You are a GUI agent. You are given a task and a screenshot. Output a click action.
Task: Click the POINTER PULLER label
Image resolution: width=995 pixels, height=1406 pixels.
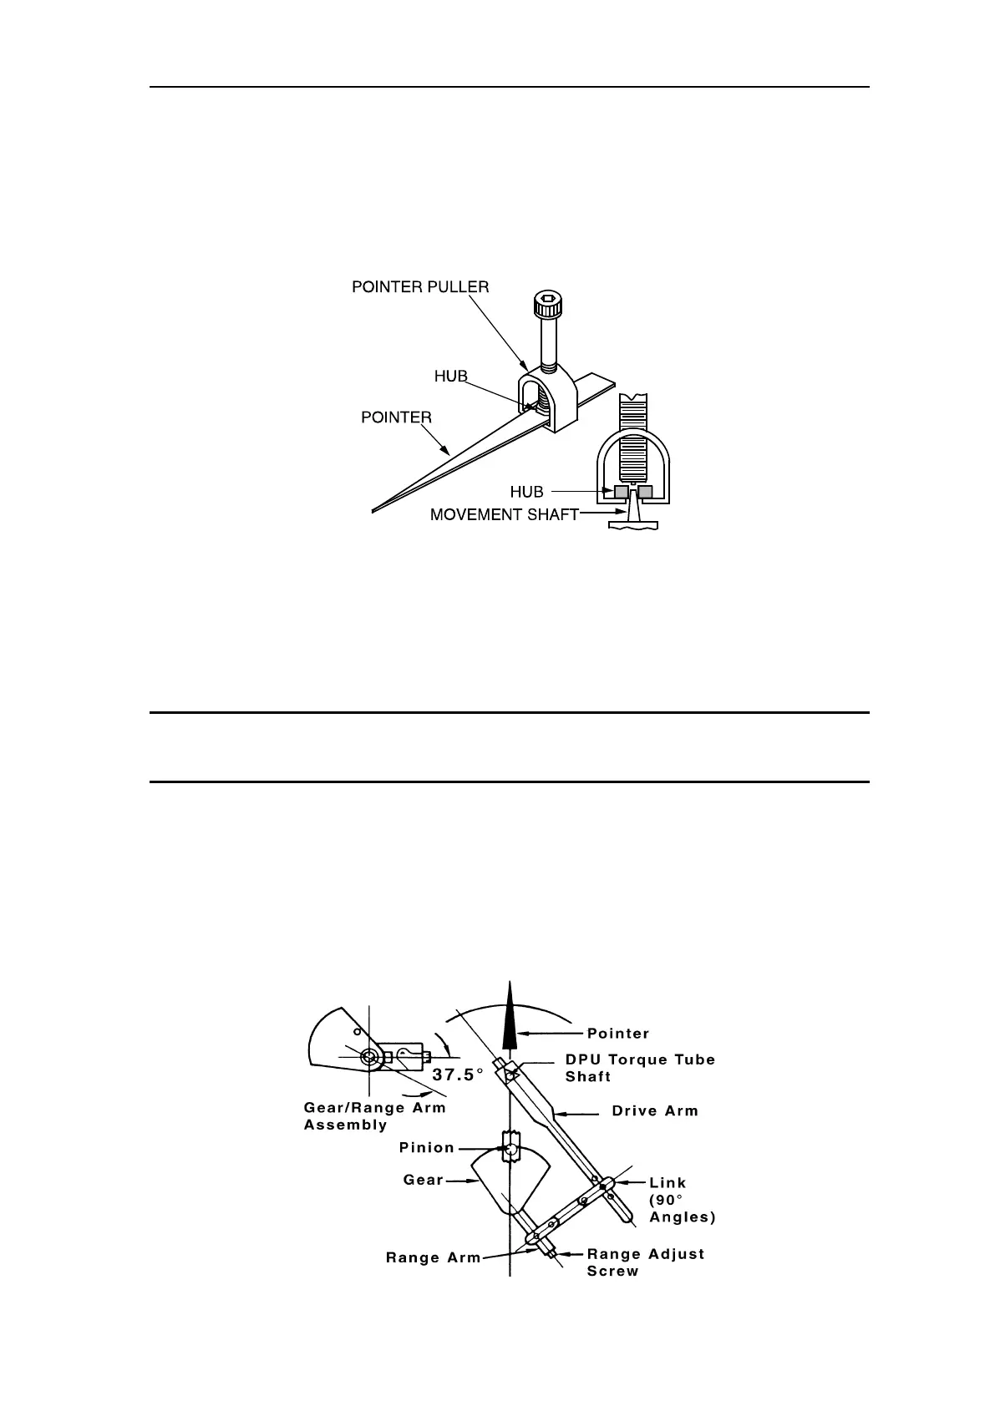pyautogui.click(x=420, y=286)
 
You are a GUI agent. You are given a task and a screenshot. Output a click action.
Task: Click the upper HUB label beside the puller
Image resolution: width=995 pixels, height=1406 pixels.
pyautogui.click(x=450, y=377)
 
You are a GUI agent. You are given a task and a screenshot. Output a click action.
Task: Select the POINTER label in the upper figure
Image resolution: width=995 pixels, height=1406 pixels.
pyautogui.click(x=396, y=417)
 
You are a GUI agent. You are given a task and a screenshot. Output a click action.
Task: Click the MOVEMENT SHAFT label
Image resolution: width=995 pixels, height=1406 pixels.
pyautogui.click(x=504, y=515)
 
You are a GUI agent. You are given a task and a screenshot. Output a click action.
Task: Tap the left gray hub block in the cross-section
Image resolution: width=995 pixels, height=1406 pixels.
pyautogui.click(x=622, y=492)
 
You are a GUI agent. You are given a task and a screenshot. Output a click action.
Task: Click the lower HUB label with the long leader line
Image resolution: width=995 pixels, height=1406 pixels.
pyautogui.click(x=526, y=493)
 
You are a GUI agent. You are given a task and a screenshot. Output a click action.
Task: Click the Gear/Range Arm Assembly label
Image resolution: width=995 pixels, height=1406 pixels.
pyautogui.click(x=374, y=1115)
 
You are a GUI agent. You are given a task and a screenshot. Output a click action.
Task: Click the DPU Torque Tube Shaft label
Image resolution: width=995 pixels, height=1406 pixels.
pyautogui.click(x=640, y=1068)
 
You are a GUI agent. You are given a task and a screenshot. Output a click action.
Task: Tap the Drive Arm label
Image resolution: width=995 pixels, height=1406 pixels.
pyautogui.click(x=654, y=1111)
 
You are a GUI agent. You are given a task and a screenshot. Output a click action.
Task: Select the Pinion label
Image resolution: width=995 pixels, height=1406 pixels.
pyautogui.click(x=426, y=1147)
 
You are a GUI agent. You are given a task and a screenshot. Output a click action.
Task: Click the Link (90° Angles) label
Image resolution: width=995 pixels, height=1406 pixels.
pyautogui.click(x=682, y=1200)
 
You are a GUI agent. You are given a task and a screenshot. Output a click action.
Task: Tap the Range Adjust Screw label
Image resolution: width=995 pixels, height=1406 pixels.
pyautogui.click(x=645, y=1262)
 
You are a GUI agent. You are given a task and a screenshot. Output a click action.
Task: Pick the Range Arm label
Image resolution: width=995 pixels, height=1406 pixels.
pyautogui.click(x=433, y=1258)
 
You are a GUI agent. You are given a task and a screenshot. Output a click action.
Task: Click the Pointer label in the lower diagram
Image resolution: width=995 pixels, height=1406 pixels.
pyautogui.click(x=617, y=1034)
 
